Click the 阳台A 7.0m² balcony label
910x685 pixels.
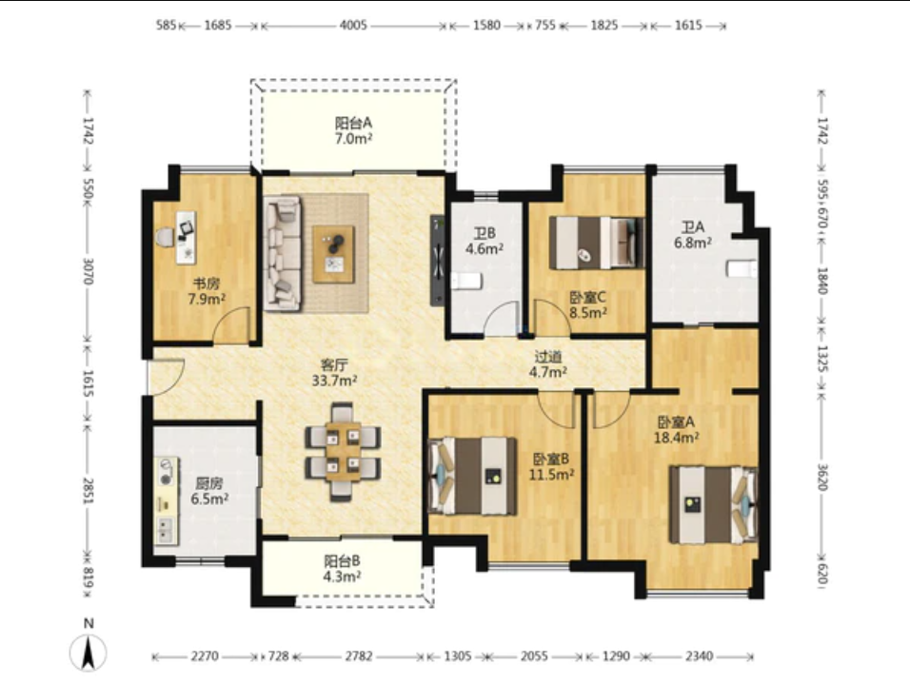tap(353, 130)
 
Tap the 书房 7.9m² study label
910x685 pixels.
tap(206, 291)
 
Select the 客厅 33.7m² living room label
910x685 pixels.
tap(334, 372)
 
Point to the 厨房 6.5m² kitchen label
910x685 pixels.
tap(208, 491)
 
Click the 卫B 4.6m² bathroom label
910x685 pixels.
tap(484, 242)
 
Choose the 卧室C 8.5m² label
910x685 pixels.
tap(588, 305)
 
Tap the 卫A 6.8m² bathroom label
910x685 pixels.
tap(692, 234)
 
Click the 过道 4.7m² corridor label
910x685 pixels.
tap(547, 364)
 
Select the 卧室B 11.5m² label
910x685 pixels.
tap(551, 467)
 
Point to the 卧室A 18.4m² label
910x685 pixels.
tap(676, 430)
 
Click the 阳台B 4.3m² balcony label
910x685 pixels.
tap(342, 568)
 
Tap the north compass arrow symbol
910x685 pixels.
tap(89, 653)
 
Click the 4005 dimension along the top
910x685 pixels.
tap(353, 26)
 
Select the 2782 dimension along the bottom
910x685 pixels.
tap(359, 656)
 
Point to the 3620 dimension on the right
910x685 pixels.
tap(822, 477)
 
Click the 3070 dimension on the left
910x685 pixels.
tap(88, 271)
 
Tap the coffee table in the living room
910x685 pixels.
tap(333, 254)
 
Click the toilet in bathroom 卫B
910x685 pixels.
tap(466, 282)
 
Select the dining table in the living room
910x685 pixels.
tap(343, 451)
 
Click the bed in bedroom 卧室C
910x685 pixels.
tap(597, 243)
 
